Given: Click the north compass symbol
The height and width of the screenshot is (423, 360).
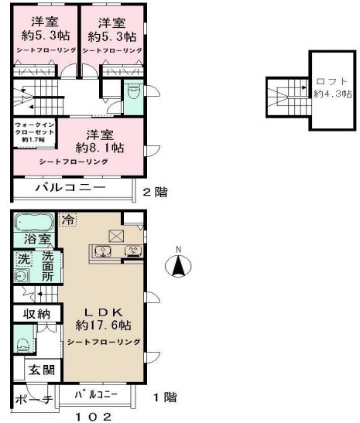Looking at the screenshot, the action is pos(178,265).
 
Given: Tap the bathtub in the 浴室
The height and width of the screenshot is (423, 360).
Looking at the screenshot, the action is pos(34,223).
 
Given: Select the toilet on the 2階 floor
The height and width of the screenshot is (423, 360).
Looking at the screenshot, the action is pos(133,91).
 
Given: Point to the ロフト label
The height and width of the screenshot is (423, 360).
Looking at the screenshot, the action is pos(331,81).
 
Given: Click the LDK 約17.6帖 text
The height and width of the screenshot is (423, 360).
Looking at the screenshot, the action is pos(104,319).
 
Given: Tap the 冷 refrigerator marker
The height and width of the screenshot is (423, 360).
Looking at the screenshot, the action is pos(68,220).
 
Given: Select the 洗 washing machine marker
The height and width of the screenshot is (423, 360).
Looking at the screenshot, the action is pos(24,259).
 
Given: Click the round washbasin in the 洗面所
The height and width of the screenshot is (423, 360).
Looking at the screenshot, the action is pos(22,276).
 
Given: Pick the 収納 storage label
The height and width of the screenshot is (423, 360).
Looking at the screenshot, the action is pos(36,314).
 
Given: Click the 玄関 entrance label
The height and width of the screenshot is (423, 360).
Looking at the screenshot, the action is pos(42,370).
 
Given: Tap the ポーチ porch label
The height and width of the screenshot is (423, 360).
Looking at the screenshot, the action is pos(33,399).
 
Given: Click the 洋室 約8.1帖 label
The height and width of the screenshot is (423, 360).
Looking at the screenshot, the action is pos(100,142).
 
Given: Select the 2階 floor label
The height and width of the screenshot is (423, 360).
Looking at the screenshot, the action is pos(156,192).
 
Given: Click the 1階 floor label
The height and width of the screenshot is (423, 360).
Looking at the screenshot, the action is pos(165,397).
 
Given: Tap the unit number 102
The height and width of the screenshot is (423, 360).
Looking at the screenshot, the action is pos(93,417).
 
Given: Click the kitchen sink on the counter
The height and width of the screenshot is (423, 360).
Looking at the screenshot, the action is pos(103,251).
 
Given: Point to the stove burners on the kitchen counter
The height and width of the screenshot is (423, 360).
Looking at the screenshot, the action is pos(133,251).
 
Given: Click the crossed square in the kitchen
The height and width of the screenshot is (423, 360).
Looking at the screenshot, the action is pos(116,236).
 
